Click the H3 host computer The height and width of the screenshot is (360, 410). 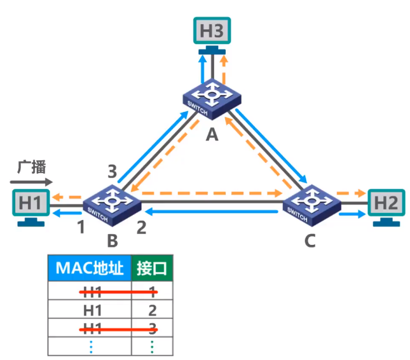212,32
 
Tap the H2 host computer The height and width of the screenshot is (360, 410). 386,207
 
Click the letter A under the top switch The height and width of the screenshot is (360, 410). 212,134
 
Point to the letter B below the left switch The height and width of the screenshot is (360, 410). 112,241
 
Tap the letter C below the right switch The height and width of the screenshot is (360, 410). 311,241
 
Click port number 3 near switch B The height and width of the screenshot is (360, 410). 112,171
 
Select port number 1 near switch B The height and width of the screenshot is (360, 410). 81,226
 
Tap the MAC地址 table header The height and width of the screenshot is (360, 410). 89,268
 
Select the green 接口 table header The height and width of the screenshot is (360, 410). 152,268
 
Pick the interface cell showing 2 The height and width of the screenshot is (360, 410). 152,310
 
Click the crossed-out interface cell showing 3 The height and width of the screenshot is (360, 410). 152,328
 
